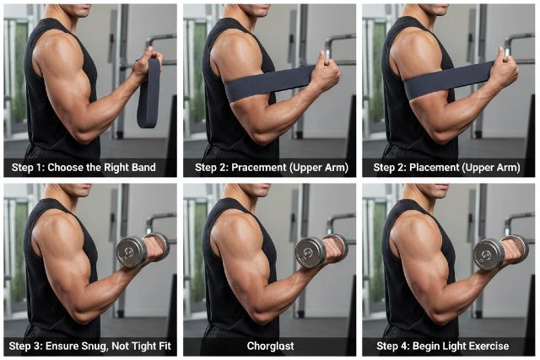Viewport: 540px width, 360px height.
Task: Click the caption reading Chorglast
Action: (269, 346)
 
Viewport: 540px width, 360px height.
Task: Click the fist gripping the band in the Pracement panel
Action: (325, 74)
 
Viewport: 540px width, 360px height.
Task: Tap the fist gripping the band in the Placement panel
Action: (504, 73)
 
